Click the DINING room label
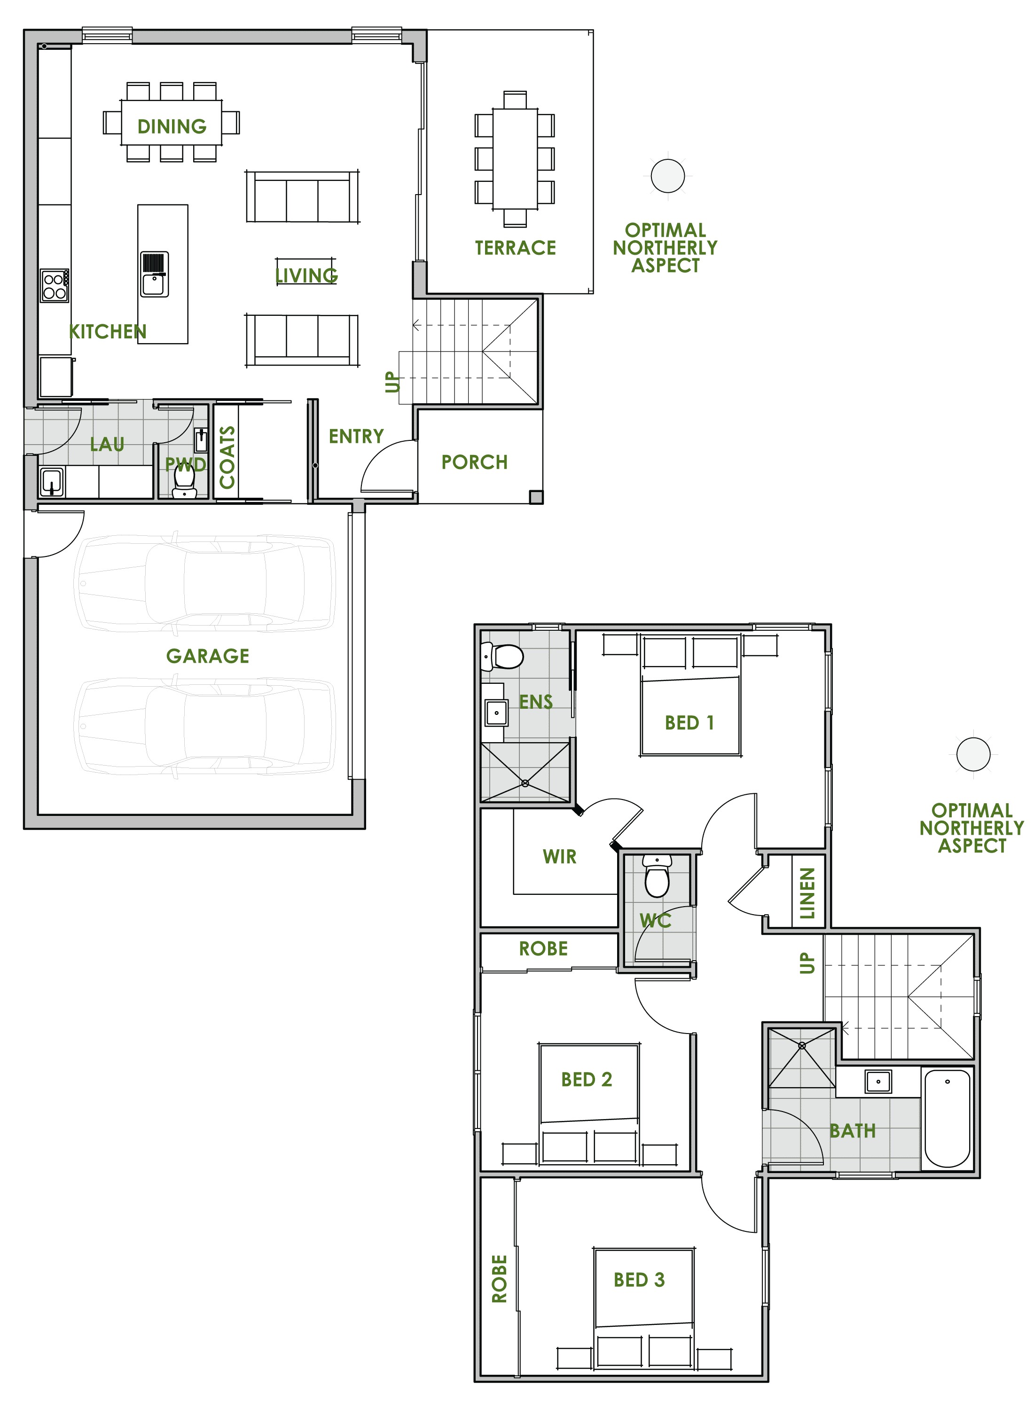coord(172,126)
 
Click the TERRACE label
coord(515,248)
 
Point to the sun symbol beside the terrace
coord(667,176)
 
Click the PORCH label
coord(474,462)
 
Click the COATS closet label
coord(227,457)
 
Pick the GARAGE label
coord(208,656)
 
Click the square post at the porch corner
coord(536,498)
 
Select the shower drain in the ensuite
coord(525,783)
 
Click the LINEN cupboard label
coord(807,893)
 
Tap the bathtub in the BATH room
coord(947,1118)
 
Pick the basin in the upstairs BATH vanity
coord(878,1081)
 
